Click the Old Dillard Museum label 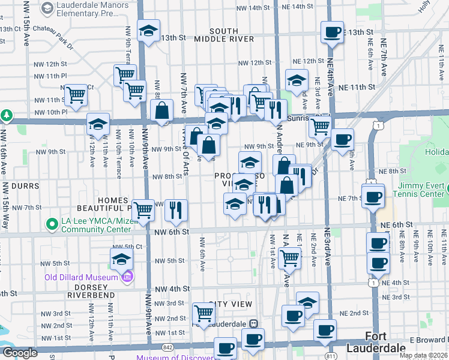(x=83, y=277)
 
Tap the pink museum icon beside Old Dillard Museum (x=127, y=277)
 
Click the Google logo (x=20, y=353)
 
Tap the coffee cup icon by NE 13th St (x=331, y=32)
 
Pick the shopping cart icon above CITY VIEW (x=203, y=313)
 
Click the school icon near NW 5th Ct (x=121, y=259)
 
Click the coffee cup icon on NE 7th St (x=372, y=196)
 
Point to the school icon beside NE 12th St (x=296, y=80)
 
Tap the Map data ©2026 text (x=424, y=355)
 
